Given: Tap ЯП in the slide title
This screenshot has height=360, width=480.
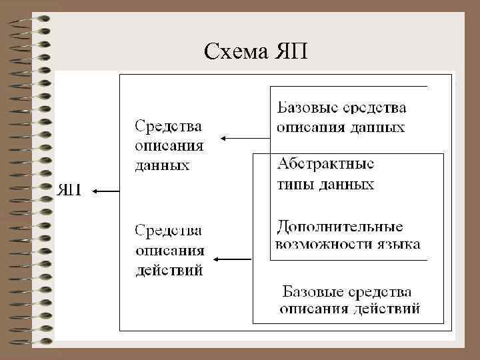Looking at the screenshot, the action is [291, 51].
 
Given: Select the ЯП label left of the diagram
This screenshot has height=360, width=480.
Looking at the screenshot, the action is [70, 191].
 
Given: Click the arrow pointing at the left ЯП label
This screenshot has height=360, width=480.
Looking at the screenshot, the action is [105, 191].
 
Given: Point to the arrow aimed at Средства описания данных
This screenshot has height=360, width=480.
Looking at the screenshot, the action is [245, 139].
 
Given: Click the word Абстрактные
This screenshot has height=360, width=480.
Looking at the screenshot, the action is [325, 164].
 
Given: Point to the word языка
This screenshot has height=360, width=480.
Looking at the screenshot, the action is [401, 244].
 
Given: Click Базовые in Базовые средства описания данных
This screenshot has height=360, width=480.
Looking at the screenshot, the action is [304, 107].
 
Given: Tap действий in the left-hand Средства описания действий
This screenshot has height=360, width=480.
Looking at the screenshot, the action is [169, 271].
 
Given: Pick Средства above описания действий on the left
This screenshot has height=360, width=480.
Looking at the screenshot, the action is [169, 231].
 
